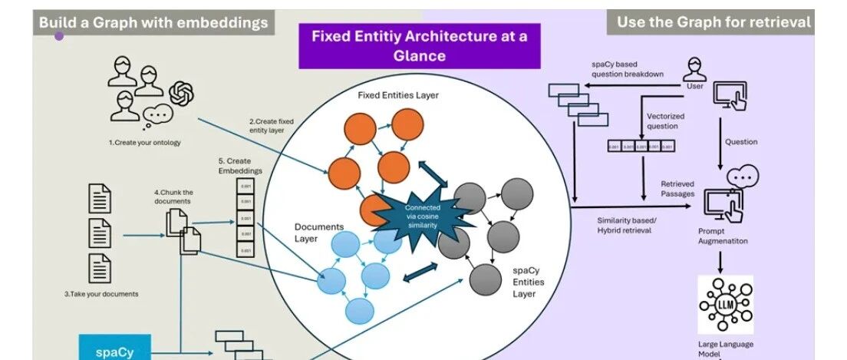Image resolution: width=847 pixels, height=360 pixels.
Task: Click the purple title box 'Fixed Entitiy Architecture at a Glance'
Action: pyautogui.click(x=419, y=46)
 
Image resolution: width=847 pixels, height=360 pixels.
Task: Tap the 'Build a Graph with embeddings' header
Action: pyautogui.click(x=153, y=22)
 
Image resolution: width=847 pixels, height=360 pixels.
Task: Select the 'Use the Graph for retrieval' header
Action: pyautogui.click(x=714, y=22)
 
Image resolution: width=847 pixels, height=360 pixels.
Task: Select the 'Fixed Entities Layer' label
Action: pyautogui.click(x=398, y=95)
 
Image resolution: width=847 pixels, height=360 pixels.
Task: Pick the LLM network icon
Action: pyautogui.click(x=725, y=304)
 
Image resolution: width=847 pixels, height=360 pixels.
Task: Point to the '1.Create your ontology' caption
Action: pyautogui.click(x=145, y=143)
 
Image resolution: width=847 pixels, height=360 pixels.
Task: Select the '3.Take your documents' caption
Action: pyautogui.click(x=101, y=294)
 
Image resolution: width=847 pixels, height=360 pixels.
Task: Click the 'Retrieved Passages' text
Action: pyautogui.click(x=677, y=189)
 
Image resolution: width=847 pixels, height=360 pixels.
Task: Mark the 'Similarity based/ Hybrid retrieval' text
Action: pyautogui.click(x=625, y=225)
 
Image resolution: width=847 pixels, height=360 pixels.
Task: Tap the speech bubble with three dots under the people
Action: pyautogui.click(x=158, y=114)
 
